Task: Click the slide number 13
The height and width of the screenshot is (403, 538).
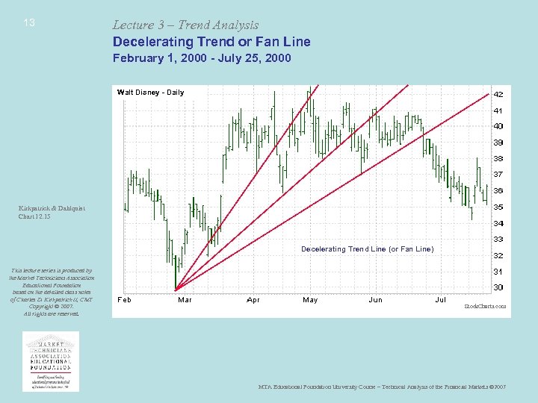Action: click(x=29, y=23)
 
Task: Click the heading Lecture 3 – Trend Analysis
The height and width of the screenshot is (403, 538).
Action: click(x=185, y=25)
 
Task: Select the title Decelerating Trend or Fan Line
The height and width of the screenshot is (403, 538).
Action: click(x=211, y=42)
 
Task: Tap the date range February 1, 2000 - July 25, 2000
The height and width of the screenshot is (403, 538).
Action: click(x=202, y=57)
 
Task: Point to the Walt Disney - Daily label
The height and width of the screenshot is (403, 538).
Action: click(x=150, y=93)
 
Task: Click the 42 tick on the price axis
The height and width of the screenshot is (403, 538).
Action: click(x=498, y=95)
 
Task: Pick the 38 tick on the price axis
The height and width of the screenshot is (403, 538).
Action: click(x=498, y=159)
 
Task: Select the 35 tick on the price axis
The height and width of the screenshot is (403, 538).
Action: click(x=498, y=207)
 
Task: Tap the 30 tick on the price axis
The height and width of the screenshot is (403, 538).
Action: click(x=498, y=287)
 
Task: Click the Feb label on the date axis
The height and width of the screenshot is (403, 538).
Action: click(x=125, y=300)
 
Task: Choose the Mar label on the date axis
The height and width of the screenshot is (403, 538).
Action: click(x=185, y=300)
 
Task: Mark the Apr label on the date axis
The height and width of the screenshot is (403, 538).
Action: click(x=253, y=300)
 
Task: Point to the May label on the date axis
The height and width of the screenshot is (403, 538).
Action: click(x=310, y=300)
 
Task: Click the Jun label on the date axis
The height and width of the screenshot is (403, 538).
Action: click(x=375, y=300)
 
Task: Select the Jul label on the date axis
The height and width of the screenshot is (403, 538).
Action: click(x=441, y=300)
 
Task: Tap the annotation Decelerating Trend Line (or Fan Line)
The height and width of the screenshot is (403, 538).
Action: click(x=367, y=249)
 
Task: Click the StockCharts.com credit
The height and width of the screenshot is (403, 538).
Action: click(x=485, y=306)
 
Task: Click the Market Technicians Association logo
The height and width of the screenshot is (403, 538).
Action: click(x=51, y=360)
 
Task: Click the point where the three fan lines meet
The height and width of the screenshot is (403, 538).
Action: click(x=175, y=290)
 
